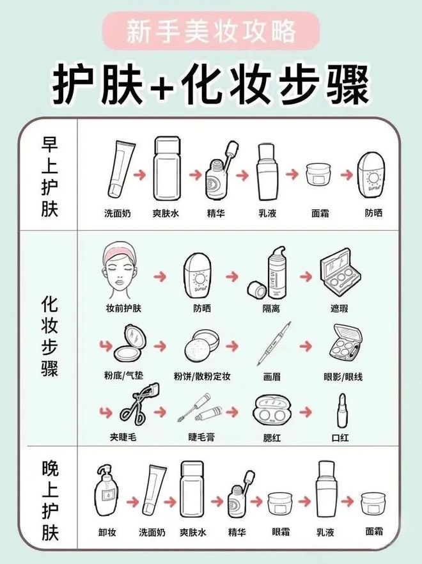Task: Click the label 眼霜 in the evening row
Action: [281, 531]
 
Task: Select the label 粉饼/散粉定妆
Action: [202, 377]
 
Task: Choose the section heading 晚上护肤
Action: [49, 501]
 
